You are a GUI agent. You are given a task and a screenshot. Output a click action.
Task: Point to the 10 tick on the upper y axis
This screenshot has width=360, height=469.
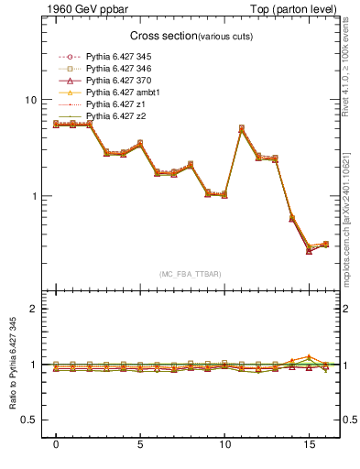(29, 100)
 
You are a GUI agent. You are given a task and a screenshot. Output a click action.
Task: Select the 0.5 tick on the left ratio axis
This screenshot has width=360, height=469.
(27, 420)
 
